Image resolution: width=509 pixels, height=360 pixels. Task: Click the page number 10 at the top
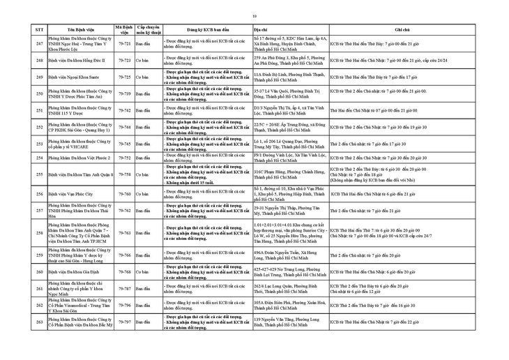coord(254,16)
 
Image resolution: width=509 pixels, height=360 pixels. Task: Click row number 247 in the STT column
coord(40,44)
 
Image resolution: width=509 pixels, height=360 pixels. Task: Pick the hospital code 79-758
coord(125,174)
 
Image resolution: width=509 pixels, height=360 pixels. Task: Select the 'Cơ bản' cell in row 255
coord(144,174)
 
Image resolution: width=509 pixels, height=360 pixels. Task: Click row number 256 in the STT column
coord(40,193)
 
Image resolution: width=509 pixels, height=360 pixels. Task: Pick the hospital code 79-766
coord(125,255)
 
